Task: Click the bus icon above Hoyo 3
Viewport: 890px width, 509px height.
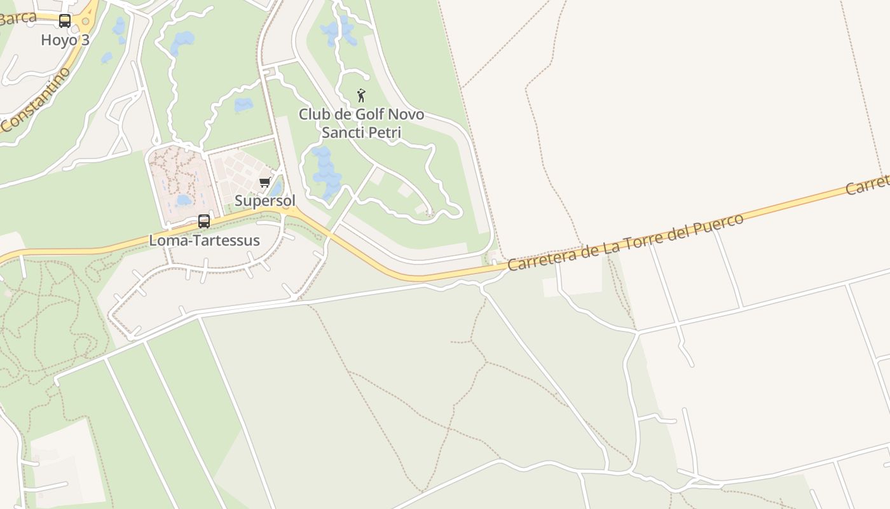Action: coord(65,21)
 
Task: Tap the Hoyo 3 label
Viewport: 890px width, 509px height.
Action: coord(65,40)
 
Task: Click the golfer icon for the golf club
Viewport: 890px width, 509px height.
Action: coord(362,95)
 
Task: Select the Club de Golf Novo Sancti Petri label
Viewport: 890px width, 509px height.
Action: coord(362,123)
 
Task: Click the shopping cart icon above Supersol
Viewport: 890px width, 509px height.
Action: coord(265,183)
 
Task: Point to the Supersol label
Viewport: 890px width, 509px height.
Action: coord(265,201)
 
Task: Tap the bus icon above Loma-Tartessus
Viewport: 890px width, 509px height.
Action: coord(204,221)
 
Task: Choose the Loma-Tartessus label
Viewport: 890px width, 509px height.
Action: coord(204,241)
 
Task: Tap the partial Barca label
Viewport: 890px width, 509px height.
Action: coord(18,18)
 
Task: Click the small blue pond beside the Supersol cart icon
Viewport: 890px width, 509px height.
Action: coord(275,188)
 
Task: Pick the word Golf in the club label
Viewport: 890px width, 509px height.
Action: coord(360,115)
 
